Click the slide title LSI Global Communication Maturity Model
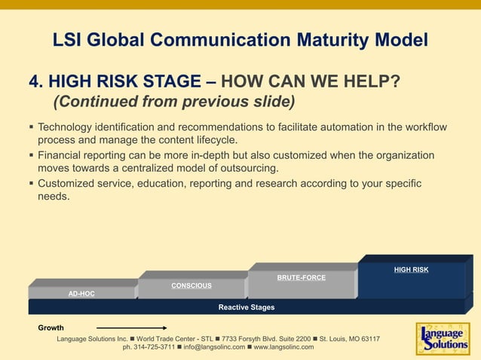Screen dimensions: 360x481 pyautogui.click(x=240, y=39)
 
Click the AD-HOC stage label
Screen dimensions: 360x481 pyautogui.click(x=81, y=294)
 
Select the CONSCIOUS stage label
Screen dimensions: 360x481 pyautogui.click(x=191, y=285)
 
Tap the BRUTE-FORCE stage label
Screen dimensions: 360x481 pyautogui.click(x=301, y=278)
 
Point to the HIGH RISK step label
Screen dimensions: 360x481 pyautogui.click(x=411, y=270)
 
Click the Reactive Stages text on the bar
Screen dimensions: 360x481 pyautogui.click(x=246, y=307)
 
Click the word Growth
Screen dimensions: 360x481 pyautogui.click(x=51, y=328)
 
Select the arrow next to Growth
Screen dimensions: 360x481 pyautogui.click(x=131, y=328)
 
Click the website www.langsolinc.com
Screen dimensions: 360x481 pyautogui.click(x=283, y=347)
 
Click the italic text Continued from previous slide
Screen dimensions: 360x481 pyautogui.click(x=173, y=101)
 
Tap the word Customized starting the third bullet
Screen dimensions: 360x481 pyautogui.click(x=69, y=183)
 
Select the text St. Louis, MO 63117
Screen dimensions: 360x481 pyautogui.click(x=349, y=339)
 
